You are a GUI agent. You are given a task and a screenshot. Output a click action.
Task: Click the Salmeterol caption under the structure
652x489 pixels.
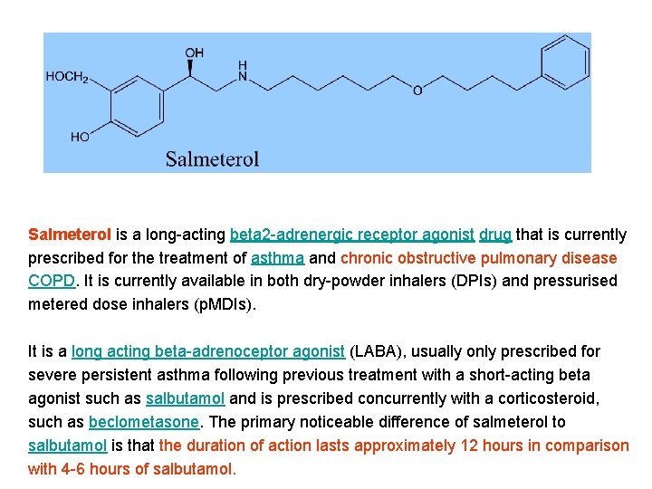pos(212,159)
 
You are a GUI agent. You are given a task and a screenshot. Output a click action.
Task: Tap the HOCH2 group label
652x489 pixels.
pos(67,77)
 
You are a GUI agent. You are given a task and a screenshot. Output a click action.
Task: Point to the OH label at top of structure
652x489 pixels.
pos(195,53)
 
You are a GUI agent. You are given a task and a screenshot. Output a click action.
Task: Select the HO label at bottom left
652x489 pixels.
pos(80,137)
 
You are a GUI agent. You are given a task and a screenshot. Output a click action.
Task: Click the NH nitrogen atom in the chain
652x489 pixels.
pos(242,72)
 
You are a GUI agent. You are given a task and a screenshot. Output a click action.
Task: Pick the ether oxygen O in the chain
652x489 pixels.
pos(417,90)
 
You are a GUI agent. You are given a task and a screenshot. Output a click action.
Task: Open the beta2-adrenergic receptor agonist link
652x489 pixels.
pos(352,235)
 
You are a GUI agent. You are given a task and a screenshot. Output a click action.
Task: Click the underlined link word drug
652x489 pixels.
pos(495,235)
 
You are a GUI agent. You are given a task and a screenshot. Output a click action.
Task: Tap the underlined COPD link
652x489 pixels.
pos(52,281)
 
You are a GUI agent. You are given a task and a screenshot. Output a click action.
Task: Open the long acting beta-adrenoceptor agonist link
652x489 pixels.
pos(208,351)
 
